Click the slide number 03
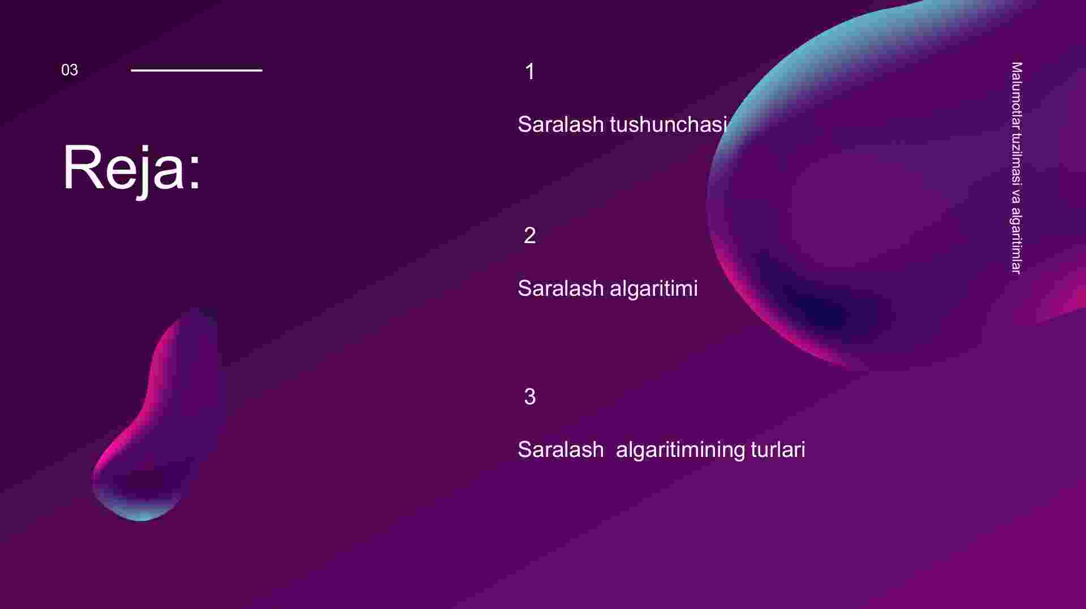point(70,70)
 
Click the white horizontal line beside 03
point(197,70)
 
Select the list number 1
point(530,72)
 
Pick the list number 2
point(530,236)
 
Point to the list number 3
point(530,397)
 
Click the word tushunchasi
point(669,124)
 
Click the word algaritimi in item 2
point(654,289)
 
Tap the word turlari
point(778,450)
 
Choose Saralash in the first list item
point(561,124)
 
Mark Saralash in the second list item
point(561,289)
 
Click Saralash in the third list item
point(561,450)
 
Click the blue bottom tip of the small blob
point(141,517)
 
